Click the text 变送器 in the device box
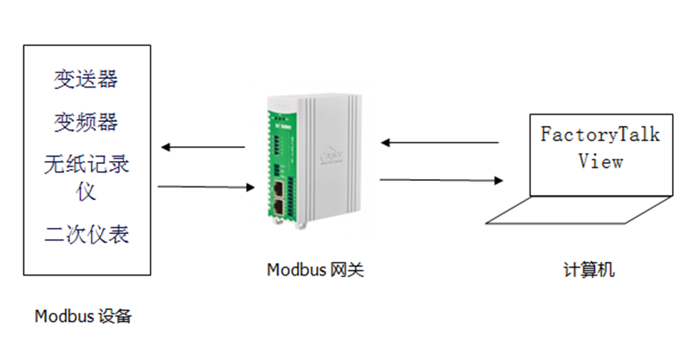pos(87,79)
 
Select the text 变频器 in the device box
pos(87,122)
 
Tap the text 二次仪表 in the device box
pos(87,234)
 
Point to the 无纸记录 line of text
pos(87,166)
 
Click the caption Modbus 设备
pos(83,316)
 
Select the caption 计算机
pos(588,270)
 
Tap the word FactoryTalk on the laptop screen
pos(600,134)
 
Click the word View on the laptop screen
pos(600,161)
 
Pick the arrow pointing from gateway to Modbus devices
pos(202,147)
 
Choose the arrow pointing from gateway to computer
pos(442,180)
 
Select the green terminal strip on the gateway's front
pos(276,143)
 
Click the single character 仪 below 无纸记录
pos(87,191)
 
